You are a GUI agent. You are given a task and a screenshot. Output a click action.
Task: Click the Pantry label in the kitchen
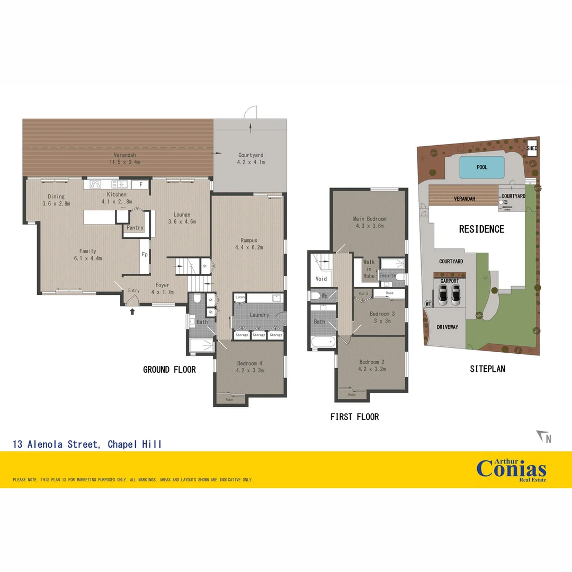[x=135, y=228]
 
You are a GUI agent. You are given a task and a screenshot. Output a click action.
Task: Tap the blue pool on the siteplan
[x=481, y=167]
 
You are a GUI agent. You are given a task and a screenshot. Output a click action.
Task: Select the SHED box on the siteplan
[x=532, y=148]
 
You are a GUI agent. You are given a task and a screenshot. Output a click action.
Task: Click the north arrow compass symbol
[x=543, y=437]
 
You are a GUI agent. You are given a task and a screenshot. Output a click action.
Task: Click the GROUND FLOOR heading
[x=169, y=370]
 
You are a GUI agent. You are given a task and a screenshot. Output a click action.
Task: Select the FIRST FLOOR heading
[x=354, y=417]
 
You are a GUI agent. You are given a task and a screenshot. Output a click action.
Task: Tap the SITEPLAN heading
[x=487, y=369]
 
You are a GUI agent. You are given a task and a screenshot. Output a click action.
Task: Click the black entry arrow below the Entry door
[x=132, y=311]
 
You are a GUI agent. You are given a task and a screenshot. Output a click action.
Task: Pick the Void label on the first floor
[x=321, y=279]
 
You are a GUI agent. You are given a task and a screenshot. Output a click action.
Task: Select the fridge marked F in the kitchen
[x=141, y=184]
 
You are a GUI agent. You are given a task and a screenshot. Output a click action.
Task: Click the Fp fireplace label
[x=144, y=255]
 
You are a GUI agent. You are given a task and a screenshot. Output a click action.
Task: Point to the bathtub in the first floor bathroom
[x=323, y=342]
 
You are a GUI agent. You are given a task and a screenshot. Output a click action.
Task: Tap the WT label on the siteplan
[x=428, y=304]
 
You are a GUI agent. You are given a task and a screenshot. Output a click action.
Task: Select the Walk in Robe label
[x=369, y=269]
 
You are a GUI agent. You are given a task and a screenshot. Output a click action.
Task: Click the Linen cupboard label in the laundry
[x=240, y=298]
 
